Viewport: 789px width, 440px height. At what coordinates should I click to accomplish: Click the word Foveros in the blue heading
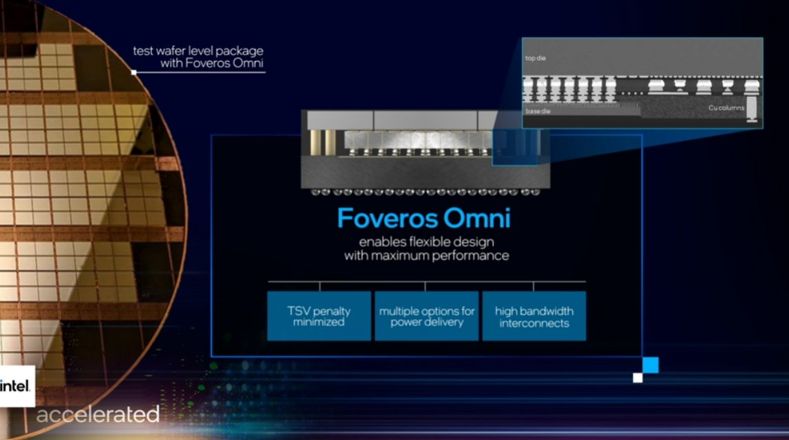point(379,219)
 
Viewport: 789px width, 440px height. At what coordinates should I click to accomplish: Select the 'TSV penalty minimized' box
point(319,315)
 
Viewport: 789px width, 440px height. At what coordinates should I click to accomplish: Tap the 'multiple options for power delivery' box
point(426,315)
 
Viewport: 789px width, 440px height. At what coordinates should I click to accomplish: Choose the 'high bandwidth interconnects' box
point(534,315)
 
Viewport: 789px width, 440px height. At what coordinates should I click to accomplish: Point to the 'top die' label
point(535,58)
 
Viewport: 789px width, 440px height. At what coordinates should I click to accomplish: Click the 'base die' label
point(537,111)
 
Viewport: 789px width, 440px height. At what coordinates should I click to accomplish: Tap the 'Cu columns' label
point(726,108)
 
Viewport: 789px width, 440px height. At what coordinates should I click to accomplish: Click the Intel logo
point(15,387)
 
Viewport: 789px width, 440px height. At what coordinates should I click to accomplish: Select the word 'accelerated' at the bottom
point(97,415)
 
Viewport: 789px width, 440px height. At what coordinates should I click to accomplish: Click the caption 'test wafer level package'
point(198,51)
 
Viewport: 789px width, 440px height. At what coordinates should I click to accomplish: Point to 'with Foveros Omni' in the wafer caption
point(212,64)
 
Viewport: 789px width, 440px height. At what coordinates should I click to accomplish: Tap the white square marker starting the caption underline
point(134,72)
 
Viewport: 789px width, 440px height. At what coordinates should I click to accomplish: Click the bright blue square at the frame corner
point(650,365)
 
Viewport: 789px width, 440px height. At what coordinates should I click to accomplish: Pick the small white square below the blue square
point(638,378)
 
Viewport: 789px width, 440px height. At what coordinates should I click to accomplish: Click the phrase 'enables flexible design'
point(426,242)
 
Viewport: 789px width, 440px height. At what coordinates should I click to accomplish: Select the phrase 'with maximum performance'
point(426,255)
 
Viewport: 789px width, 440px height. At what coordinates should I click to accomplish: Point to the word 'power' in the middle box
point(408,322)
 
